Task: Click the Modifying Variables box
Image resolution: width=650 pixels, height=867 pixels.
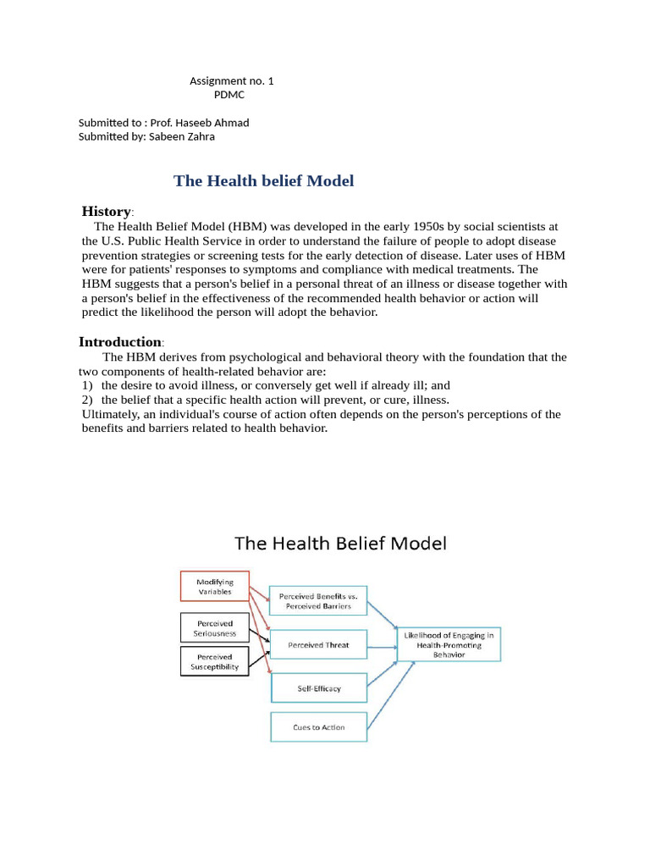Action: click(214, 587)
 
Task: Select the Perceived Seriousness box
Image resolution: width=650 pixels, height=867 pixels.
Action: click(216, 628)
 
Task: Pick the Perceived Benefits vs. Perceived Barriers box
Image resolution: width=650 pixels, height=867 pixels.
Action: click(317, 601)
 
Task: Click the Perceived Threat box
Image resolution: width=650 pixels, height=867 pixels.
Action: click(318, 644)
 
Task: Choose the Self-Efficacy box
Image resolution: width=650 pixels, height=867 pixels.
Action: click(318, 688)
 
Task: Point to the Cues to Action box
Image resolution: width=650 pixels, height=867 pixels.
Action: click(318, 727)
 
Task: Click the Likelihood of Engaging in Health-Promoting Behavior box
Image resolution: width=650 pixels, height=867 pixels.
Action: click(449, 644)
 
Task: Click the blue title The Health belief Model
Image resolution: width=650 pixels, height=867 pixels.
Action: click(263, 180)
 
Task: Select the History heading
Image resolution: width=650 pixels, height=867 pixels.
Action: click(106, 211)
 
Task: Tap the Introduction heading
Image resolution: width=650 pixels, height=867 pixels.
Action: click(119, 342)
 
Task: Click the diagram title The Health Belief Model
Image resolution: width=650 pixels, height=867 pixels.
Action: click(339, 543)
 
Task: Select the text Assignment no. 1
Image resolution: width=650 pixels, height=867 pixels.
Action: click(231, 81)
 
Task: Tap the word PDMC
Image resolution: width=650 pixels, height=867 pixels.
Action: click(229, 95)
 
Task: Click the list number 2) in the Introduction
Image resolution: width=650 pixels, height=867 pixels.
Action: click(87, 400)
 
